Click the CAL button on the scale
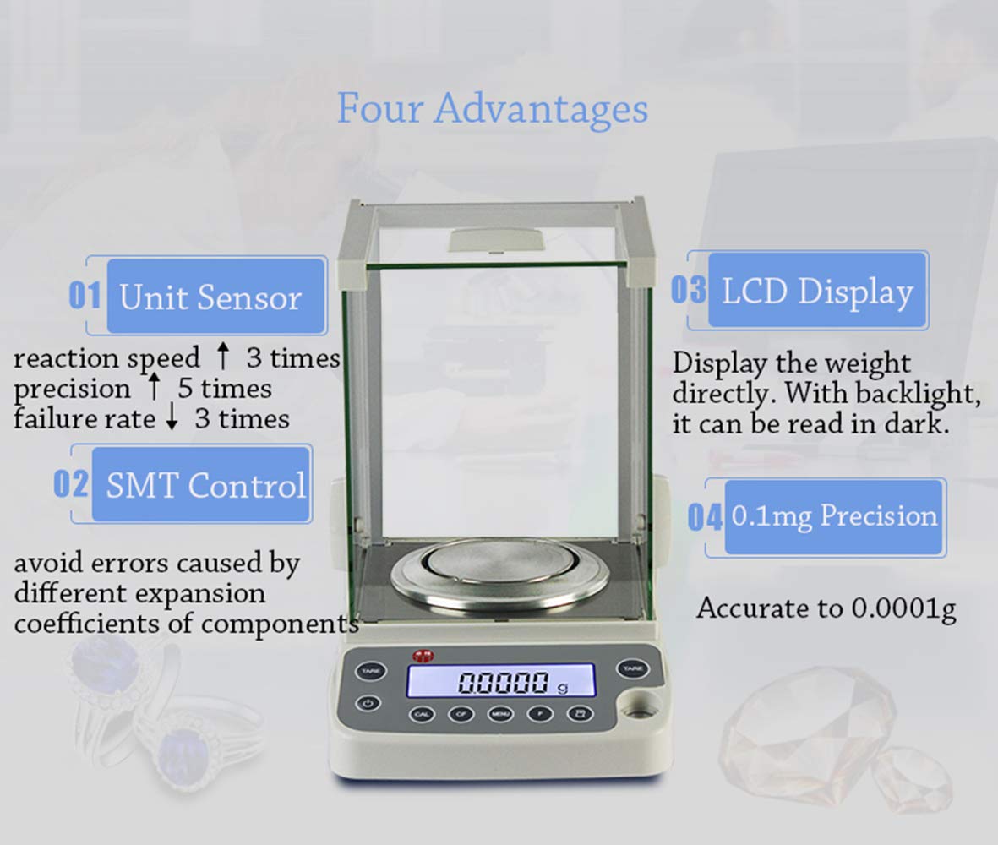[423, 714]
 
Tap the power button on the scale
[367, 702]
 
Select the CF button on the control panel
[461, 714]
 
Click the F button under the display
[540, 714]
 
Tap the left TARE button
[369, 670]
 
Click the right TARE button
[632, 668]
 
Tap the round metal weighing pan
[500, 575]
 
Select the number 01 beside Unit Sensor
[85, 297]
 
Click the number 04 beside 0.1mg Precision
[705, 517]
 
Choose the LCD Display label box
[816, 292]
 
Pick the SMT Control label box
[205, 486]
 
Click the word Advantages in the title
[542, 110]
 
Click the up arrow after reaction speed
[222, 357]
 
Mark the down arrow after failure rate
[172, 419]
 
